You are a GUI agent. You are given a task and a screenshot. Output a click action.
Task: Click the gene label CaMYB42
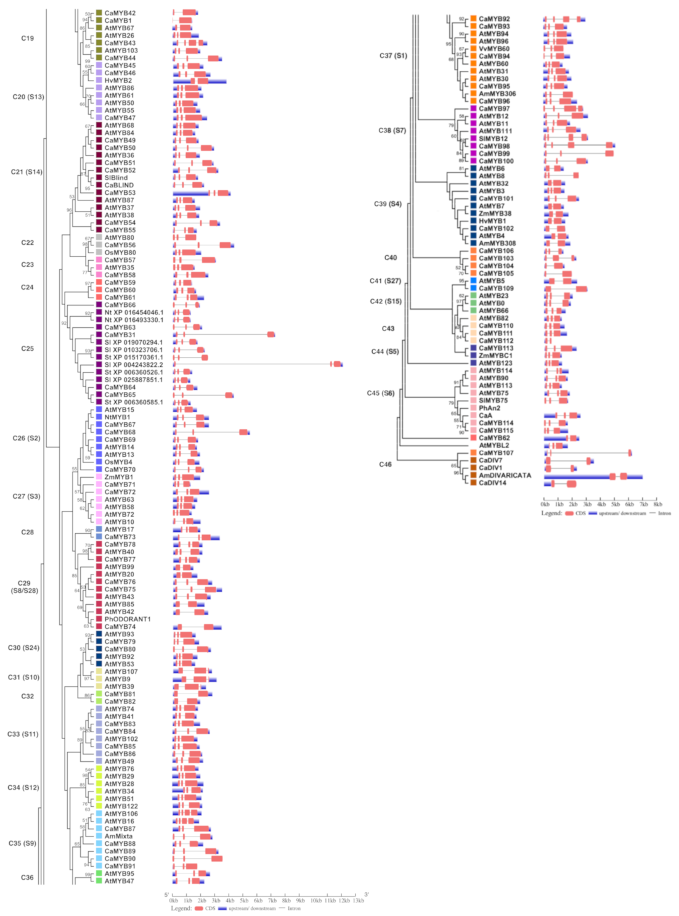pyautogui.click(x=120, y=13)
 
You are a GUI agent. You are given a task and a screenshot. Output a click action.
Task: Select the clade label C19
pyautogui.click(x=28, y=38)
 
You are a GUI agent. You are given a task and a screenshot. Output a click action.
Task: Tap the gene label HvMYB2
pyautogui.click(x=118, y=81)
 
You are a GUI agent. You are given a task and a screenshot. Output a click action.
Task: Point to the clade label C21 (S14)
pyautogui.click(x=26, y=172)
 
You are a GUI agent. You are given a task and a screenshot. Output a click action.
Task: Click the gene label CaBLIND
pyautogui.click(x=119, y=186)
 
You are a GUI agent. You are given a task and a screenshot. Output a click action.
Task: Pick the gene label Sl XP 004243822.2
pyautogui.click(x=134, y=365)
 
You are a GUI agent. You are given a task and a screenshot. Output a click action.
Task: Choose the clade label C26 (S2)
pyautogui.click(x=26, y=438)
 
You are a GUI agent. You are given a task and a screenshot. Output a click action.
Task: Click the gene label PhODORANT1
pyautogui.click(x=127, y=620)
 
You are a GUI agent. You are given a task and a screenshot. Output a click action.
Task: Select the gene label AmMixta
pyautogui.click(x=118, y=836)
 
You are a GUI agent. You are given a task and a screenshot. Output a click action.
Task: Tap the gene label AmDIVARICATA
pyautogui.click(x=505, y=476)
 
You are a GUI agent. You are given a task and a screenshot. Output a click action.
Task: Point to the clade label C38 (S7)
pyautogui.click(x=392, y=131)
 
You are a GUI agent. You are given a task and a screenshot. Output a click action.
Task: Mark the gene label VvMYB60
pyautogui.click(x=494, y=49)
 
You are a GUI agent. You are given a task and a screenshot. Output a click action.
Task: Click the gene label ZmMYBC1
pyautogui.click(x=495, y=356)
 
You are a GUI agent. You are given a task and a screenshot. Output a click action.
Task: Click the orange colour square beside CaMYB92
pyautogui.click(x=473, y=19)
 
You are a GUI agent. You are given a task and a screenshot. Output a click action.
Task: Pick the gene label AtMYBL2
pyautogui.click(x=494, y=446)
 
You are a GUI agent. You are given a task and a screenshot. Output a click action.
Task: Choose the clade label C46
pyautogui.click(x=385, y=464)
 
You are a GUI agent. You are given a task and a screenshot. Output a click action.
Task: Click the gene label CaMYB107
pyautogui.click(x=496, y=453)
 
